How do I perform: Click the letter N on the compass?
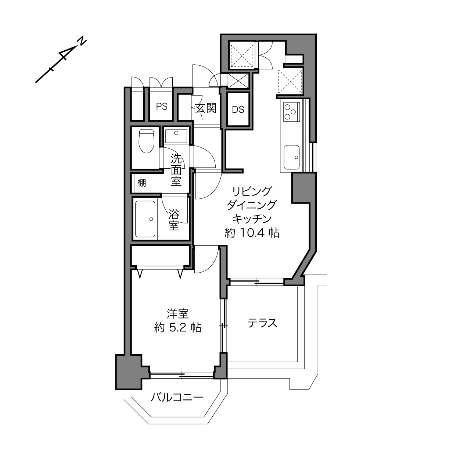(82, 41)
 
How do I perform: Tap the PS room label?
(162, 107)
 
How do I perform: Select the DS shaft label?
(238, 109)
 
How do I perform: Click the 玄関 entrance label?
(206, 108)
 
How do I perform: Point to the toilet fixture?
(147, 141)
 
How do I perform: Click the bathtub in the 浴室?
(145, 219)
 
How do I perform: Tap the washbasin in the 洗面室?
(176, 136)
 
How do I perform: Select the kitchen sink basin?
(291, 157)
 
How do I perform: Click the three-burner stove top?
(291, 111)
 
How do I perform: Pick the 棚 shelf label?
(141, 183)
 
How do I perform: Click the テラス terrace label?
(262, 323)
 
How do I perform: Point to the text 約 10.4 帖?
(252, 233)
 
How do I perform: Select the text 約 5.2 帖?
(178, 327)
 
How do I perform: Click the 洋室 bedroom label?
(178, 314)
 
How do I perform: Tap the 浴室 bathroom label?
(174, 220)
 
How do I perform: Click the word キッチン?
(252, 219)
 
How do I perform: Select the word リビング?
(252, 191)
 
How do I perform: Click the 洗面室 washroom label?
(176, 170)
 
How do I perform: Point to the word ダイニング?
(252, 205)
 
